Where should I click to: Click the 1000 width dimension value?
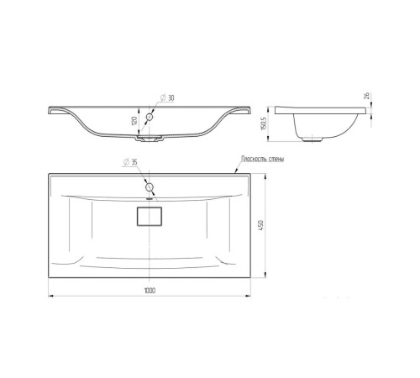pos(150,291)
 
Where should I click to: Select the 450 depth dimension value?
pos(260,225)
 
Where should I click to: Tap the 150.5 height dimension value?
pos(263,123)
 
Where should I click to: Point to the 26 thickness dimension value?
pos(366,96)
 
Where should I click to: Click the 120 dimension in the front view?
pos(134,121)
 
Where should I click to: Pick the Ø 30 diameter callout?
pos(167,97)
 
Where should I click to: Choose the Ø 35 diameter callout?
pos(130,162)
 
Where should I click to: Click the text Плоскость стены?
pos(263,159)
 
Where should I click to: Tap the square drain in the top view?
pos(150,216)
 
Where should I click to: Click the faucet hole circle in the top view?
pos(150,186)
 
